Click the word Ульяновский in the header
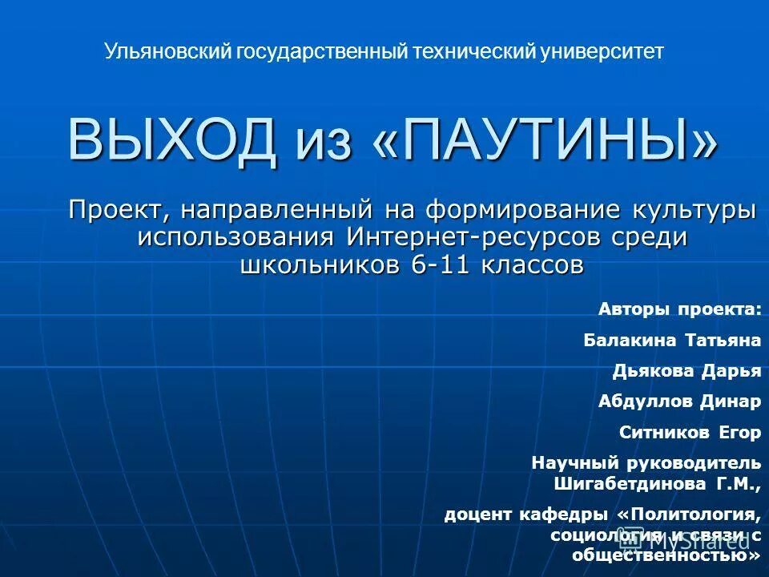tap(167, 52)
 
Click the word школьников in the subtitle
tap(322, 264)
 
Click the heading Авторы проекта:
tap(679, 310)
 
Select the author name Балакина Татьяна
tap(671, 341)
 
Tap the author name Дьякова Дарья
tap(686, 371)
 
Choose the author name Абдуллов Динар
tap(679, 401)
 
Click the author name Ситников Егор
tap(690, 432)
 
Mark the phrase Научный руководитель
tap(646, 462)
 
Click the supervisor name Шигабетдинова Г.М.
tap(654, 484)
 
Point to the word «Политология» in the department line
tap(688, 514)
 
